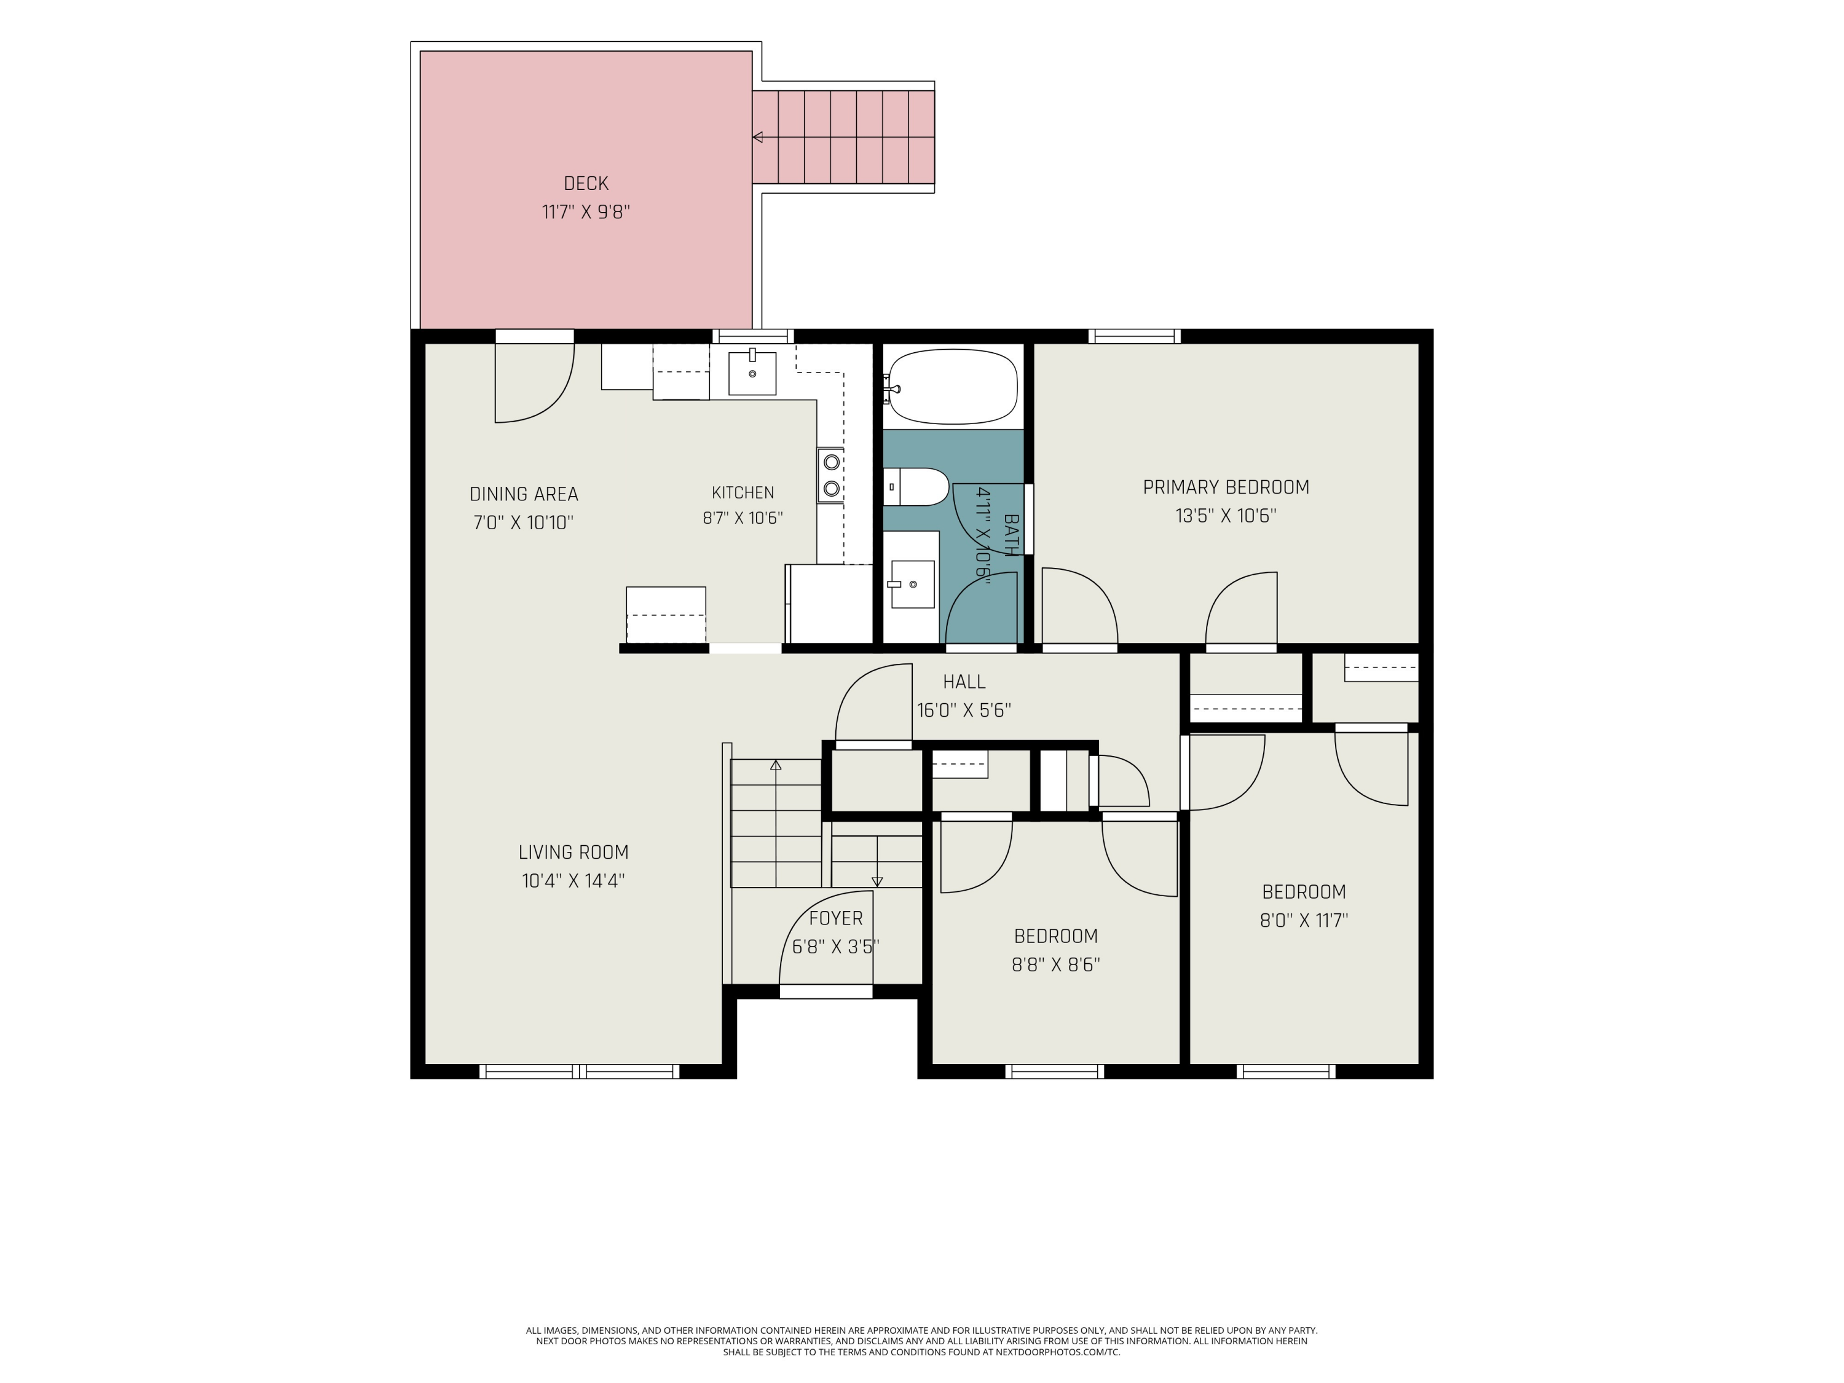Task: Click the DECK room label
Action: pyautogui.click(x=585, y=183)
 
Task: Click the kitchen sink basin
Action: pyautogui.click(x=752, y=372)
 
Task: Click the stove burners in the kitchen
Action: pyautogui.click(x=830, y=475)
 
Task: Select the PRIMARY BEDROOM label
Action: pyautogui.click(x=1226, y=487)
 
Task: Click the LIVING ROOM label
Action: pyautogui.click(x=573, y=852)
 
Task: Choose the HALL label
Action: pyautogui.click(x=964, y=682)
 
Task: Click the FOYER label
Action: pyautogui.click(x=835, y=918)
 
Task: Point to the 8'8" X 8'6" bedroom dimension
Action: pyautogui.click(x=1055, y=964)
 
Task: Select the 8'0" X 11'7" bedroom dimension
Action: pyautogui.click(x=1304, y=920)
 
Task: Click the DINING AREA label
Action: pyautogui.click(x=524, y=494)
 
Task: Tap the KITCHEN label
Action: pyautogui.click(x=743, y=493)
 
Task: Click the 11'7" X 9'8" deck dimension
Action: pyautogui.click(x=585, y=211)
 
